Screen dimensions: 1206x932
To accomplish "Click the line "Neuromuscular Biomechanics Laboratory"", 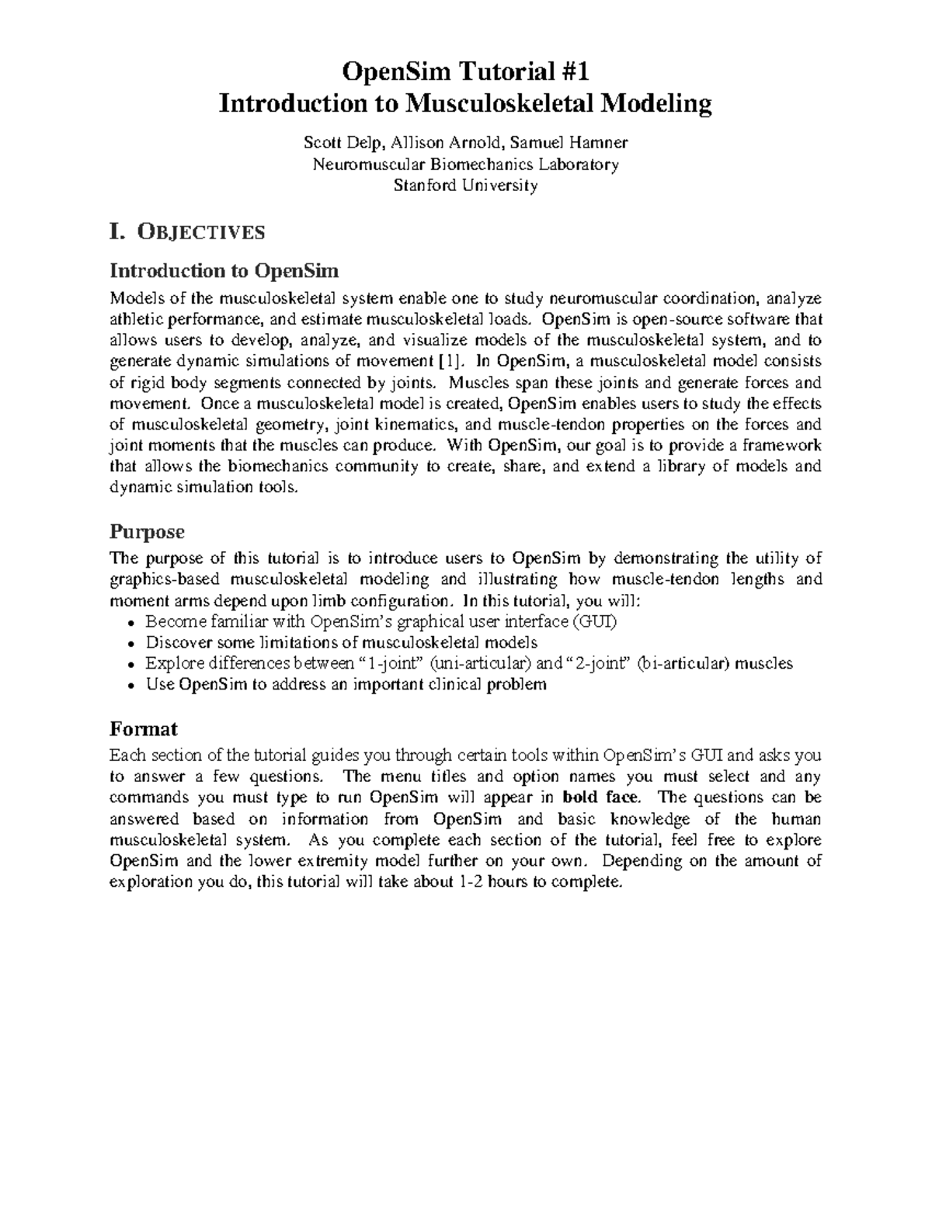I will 465,164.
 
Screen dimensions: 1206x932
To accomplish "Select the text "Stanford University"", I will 465,186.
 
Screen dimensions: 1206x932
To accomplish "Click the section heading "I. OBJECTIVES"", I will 187,231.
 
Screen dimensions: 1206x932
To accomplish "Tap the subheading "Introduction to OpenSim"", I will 224,270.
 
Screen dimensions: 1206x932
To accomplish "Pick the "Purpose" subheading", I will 147,532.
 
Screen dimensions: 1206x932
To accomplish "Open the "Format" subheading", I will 144,728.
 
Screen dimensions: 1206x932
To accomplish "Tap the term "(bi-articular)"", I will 683,663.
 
